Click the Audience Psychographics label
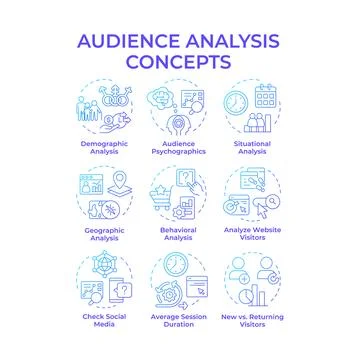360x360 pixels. click(x=180, y=148)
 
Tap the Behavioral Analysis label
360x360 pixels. click(x=180, y=232)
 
